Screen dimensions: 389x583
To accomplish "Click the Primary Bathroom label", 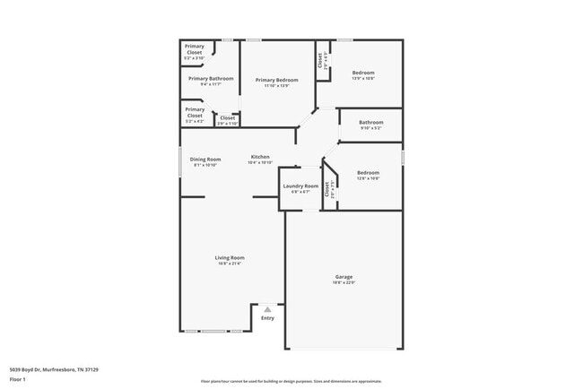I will click(x=211, y=79).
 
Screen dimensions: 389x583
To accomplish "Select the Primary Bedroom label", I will click(x=276, y=81).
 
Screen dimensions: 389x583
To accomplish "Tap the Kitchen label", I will click(x=260, y=157).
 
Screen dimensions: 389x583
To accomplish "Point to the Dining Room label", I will click(x=205, y=160).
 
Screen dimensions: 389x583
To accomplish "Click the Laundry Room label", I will click(x=300, y=186).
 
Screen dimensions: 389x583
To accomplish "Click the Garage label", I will click(x=344, y=278).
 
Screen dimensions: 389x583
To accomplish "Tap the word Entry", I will click(x=267, y=318).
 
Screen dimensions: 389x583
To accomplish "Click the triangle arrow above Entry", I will click(x=267, y=309).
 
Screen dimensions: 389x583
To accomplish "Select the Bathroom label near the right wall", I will click(x=371, y=123).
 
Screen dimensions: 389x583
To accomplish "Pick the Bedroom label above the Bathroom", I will click(x=363, y=73).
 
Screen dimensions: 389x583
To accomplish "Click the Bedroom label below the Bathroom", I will click(x=369, y=173).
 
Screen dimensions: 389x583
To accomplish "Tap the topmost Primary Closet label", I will click(x=195, y=50).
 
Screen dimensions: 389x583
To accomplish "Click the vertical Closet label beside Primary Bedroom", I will click(x=319, y=60).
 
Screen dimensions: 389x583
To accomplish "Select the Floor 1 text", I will click(x=18, y=379).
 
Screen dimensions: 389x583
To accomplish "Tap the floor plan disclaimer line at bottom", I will click(x=291, y=380).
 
